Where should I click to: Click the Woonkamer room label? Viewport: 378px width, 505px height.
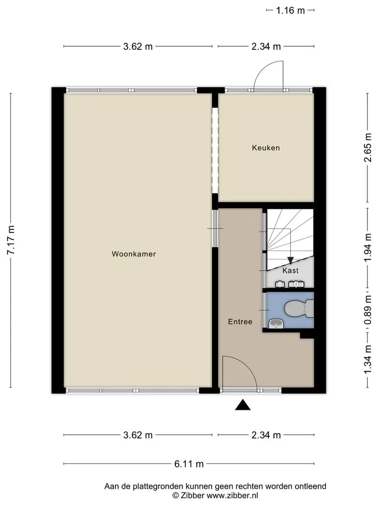134,254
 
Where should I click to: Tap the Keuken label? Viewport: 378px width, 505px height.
266,148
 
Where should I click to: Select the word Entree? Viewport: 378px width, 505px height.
240,321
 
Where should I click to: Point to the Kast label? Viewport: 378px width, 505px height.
290,270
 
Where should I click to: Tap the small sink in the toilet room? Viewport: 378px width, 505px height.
276,324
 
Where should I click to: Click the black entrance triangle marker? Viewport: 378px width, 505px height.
243,405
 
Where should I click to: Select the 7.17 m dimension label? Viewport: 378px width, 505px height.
11,240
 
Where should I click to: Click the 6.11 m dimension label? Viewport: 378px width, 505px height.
189,464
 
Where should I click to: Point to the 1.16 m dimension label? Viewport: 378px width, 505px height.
290,11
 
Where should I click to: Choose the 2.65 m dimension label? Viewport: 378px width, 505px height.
368,147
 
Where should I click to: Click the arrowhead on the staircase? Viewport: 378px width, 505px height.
290,260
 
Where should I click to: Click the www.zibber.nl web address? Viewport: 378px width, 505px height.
232,496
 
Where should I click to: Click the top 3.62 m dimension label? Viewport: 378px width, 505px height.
138,46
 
